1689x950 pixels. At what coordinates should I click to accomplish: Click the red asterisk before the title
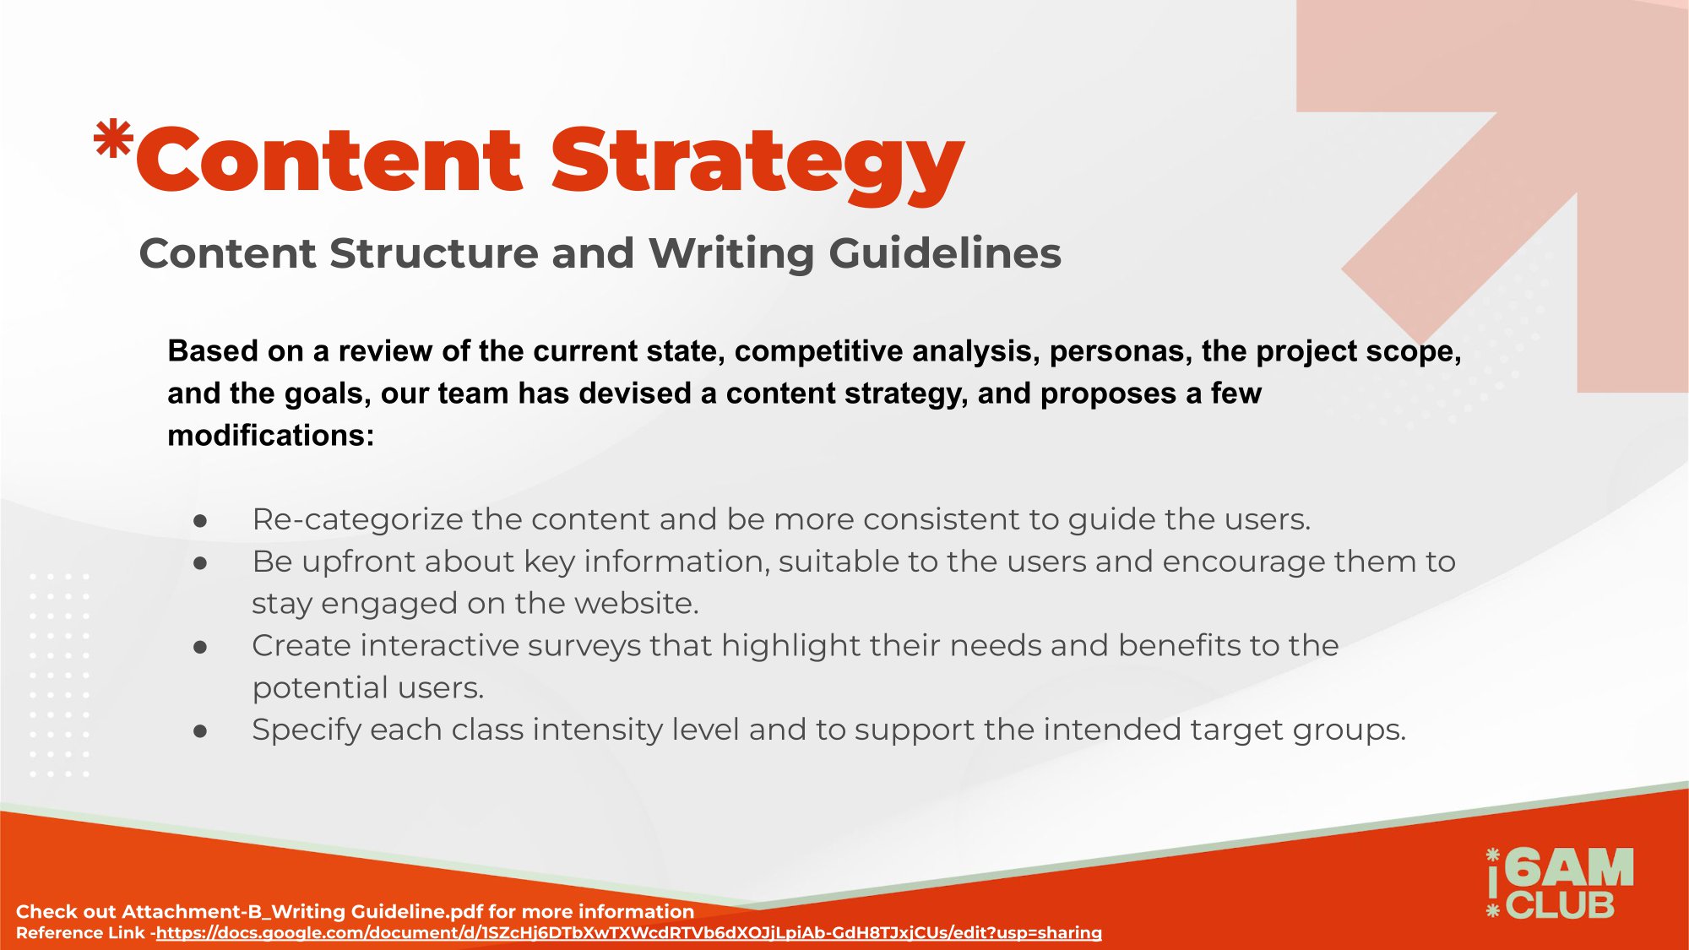[113, 140]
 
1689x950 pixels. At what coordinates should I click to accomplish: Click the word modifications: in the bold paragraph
[271, 436]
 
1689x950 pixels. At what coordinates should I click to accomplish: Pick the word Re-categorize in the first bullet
[357, 520]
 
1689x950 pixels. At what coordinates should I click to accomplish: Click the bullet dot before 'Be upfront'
[200, 562]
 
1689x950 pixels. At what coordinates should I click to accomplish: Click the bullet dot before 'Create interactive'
[200, 647]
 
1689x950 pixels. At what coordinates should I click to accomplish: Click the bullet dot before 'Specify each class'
[200, 730]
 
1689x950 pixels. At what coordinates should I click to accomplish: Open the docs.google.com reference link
[629, 933]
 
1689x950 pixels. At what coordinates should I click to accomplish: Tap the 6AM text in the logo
[1570, 868]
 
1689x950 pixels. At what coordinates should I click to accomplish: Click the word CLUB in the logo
[1561, 906]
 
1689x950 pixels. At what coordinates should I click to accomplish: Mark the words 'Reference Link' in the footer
[80, 933]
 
